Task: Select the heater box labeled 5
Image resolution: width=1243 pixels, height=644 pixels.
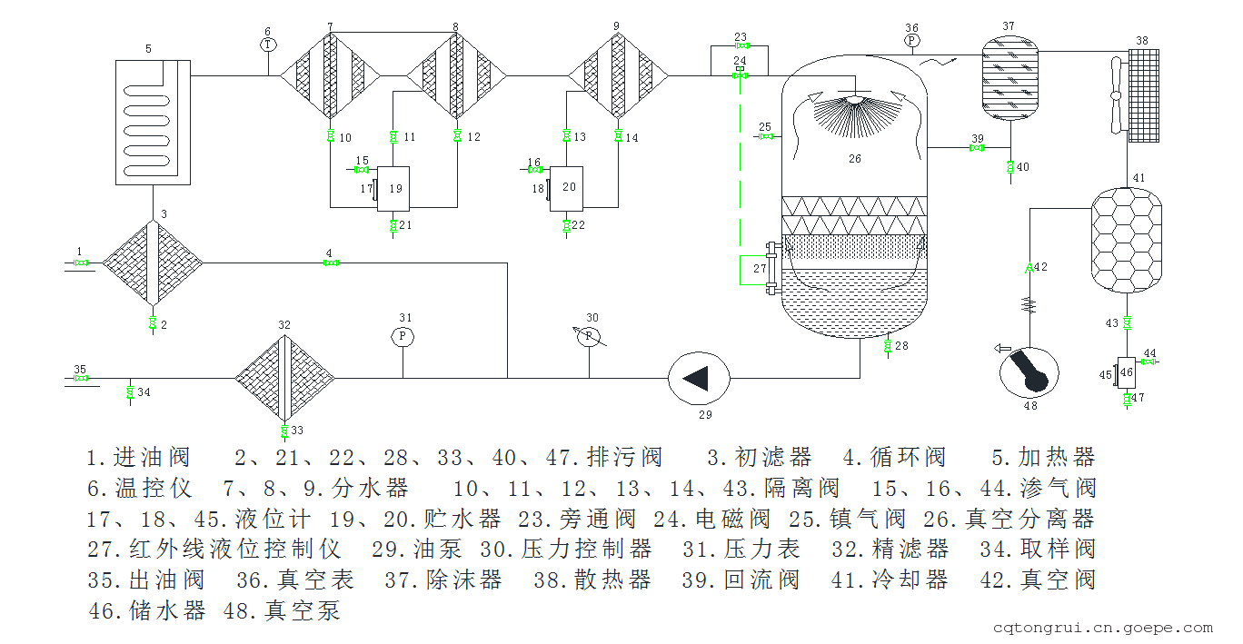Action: coord(153,122)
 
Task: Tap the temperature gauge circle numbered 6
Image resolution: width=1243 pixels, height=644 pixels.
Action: coord(267,45)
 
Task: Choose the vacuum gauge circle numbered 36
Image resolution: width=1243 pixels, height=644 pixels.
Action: coord(911,41)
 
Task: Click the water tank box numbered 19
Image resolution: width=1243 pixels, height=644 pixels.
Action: coord(394,189)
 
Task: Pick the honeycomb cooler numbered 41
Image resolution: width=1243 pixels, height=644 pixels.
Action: coord(1126,240)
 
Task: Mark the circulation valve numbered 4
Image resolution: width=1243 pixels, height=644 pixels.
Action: coord(331,263)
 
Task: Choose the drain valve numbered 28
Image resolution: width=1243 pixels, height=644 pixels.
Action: coord(887,346)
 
